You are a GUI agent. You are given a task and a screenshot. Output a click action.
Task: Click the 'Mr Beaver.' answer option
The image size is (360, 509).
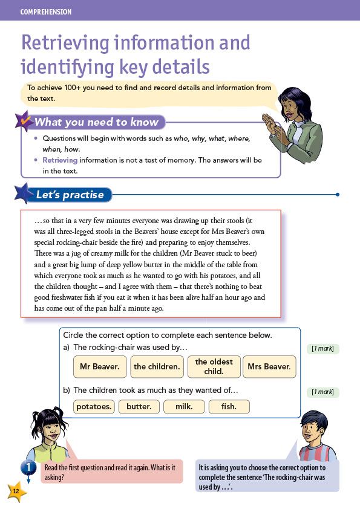tap(100, 366)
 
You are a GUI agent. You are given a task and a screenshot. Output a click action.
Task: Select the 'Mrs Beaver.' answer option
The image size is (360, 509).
tap(269, 366)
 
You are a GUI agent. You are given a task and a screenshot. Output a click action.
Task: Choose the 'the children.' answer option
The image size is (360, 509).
tap(157, 366)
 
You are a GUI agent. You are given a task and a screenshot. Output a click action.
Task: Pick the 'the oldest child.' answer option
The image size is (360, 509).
tap(214, 366)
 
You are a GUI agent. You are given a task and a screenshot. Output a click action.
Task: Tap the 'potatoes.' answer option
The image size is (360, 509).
tap(94, 407)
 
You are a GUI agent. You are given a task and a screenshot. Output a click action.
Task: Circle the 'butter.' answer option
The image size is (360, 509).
tap(139, 407)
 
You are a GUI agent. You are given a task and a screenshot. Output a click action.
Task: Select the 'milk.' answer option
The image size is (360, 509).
tap(184, 407)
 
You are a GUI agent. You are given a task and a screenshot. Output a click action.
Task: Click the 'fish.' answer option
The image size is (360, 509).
tap(229, 407)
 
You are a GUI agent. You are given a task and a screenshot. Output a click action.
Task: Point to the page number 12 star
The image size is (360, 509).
tap(16, 491)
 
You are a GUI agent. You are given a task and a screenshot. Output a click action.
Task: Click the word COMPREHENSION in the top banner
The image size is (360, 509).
tap(46, 11)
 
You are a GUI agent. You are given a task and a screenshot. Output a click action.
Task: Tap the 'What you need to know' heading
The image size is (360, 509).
tap(96, 122)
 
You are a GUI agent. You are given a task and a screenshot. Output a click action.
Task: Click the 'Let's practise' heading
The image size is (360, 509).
tap(70, 195)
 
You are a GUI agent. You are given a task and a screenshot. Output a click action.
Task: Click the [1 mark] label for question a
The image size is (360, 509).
tap(322, 348)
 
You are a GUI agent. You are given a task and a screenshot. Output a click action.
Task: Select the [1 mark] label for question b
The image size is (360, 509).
tap(322, 392)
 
